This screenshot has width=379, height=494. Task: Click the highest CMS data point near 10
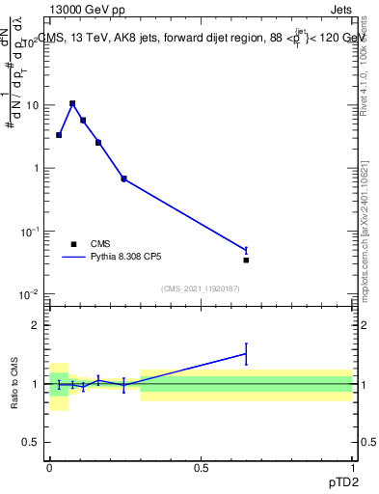(72, 103)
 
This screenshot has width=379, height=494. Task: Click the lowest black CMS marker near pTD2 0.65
(246, 260)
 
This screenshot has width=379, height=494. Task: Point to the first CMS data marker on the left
(59, 135)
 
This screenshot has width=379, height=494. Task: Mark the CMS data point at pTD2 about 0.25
(123, 178)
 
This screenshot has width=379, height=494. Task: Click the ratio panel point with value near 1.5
(246, 354)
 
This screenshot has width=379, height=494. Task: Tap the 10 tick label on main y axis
(33, 105)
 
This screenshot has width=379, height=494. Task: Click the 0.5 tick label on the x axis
(201, 466)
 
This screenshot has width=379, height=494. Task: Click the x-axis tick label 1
(352, 466)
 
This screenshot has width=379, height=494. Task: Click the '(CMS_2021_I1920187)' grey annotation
(200, 288)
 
